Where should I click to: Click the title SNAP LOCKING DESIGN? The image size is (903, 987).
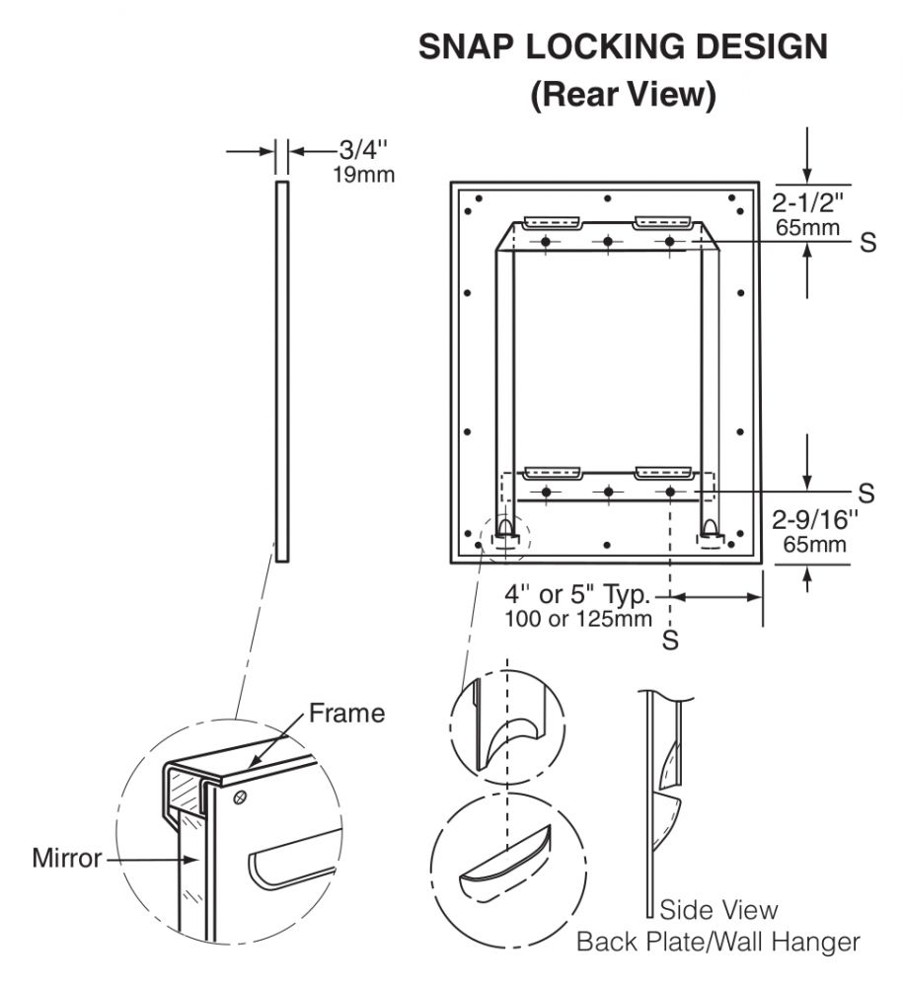click(623, 47)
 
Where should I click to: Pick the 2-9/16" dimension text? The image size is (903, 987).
click(814, 520)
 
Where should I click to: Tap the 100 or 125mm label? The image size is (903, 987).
click(578, 620)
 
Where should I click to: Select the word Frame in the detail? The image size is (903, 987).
click(346, 713)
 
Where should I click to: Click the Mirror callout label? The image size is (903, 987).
click(67, 858)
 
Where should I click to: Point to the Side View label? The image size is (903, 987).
click(717, 909)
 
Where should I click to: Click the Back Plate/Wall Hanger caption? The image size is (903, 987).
click(717, 942)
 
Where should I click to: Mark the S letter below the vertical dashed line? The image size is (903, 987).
click(671, 641)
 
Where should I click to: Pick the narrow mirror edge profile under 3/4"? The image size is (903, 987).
click(282, 370)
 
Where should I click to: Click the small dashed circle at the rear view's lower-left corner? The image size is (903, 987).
click(504, 535)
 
